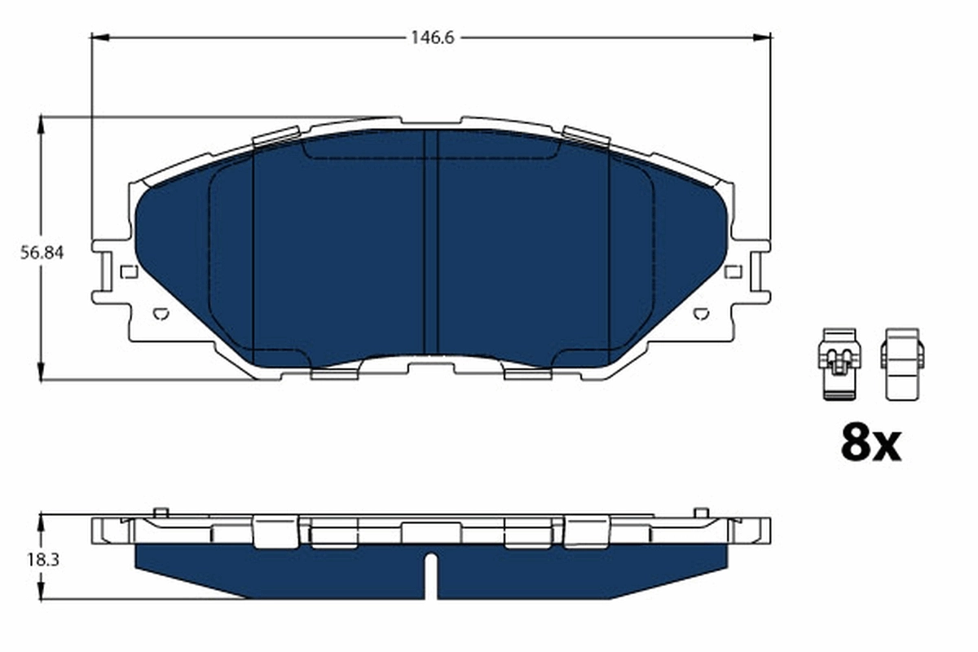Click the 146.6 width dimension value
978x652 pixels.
point(431,37)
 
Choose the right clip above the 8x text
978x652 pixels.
point(902,364)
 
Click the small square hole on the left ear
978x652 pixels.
point(128,271)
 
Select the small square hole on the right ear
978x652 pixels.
point(733,271)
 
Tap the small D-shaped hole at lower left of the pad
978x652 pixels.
point(161,313)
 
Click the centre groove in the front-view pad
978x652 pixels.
point(431,244)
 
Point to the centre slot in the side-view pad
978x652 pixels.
point(431,575)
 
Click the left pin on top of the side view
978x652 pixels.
point(161,513)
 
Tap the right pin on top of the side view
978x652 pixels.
point(701,513)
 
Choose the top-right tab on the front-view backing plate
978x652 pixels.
point(587,136)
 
